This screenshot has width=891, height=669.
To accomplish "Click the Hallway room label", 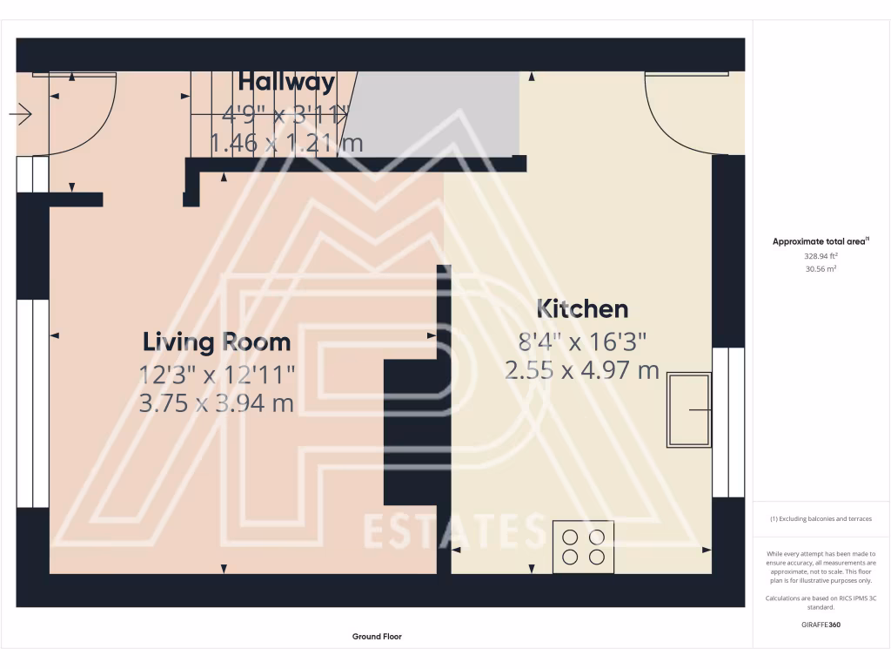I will pyautogui.click(x=286, y=82).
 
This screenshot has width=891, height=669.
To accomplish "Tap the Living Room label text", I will pyautogui.click(x=217, y=341).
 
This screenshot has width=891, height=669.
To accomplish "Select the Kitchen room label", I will pyautogui.click(x=582, y=308).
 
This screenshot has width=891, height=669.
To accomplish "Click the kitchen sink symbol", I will pyautogui.click(x=689, y=409).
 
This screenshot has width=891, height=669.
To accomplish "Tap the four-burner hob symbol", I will pyautogui.click(x=583, y=547).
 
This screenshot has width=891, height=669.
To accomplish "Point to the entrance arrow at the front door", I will pyautogui.click(x=21, y=114).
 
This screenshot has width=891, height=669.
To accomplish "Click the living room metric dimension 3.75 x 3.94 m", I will pyautogui.click(x=217, y=403).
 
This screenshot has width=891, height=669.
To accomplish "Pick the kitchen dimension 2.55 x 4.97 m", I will pyautogui.click(x=582, y=370).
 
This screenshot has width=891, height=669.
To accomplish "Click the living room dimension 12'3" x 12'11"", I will pyautogui.click(x=217, y=374).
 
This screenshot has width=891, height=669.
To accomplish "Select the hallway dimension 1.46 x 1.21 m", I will pyautogui.click(x=286, y=142).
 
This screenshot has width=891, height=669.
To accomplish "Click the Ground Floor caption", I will pyautogui.click(x=377, y=637).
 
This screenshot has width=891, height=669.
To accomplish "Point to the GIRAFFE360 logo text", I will pyautogui.click(x=821, y=625).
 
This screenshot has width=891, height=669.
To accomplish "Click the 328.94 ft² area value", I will pyautogui.click(x=821, y=257).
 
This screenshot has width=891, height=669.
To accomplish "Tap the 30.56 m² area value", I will pyautogui.click(x=821, y=270).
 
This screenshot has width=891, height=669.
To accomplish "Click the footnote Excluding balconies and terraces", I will pyautogui.click(x=821, y=519).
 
